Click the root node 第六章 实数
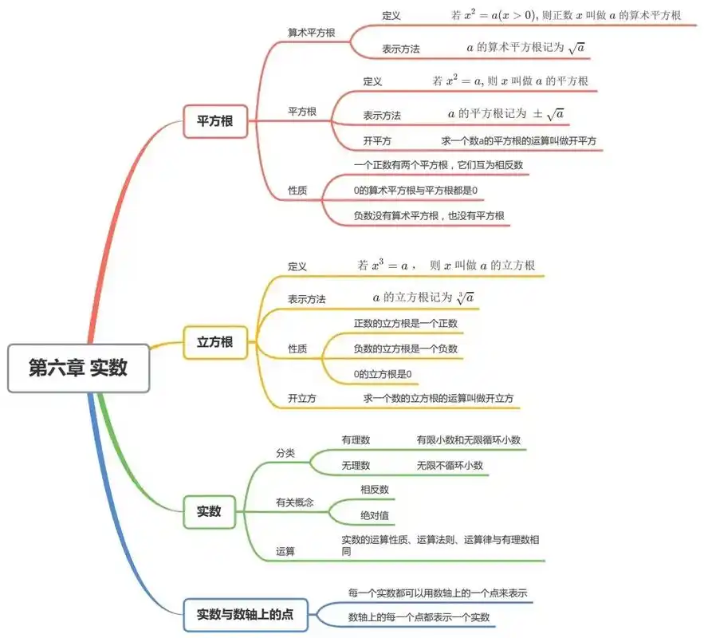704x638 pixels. tap(78, 368)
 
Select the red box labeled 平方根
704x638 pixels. tap(215, 121)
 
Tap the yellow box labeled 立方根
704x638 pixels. tap(215, 342)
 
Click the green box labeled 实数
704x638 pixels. tap(209, 511)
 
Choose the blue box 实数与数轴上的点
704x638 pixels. tap(246, 614)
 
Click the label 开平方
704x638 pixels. tap(377, 141)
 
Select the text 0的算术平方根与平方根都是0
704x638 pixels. tap(415, 191)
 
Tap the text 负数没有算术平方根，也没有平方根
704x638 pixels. tap(429, 215)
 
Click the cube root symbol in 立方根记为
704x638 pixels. tap(466, 297)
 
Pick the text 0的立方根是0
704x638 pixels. tap(383, 373)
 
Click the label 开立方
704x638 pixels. tap(302, 398)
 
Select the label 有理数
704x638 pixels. tap(356, 440)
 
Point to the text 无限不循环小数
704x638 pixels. tap(449, 465)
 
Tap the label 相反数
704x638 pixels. tap(375, 490)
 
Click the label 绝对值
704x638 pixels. tap(375, 515)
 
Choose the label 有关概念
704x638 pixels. tap(295, 502)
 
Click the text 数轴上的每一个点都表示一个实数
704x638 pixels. tap(419, 617)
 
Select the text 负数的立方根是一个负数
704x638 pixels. tap(406, 349)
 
